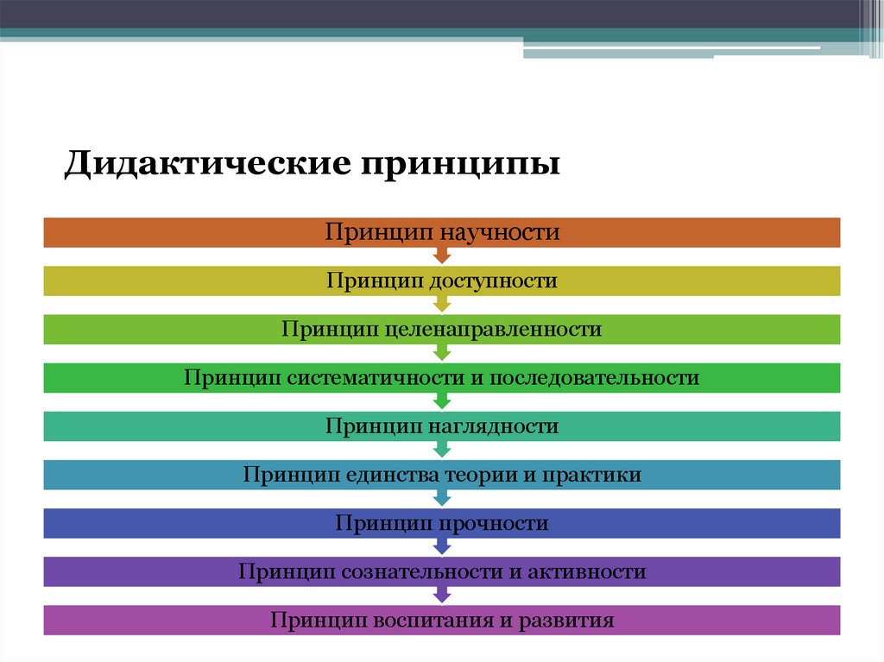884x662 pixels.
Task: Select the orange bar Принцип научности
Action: pos(173,233)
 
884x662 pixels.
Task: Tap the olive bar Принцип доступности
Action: pos(173,281)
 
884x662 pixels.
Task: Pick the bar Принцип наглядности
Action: pos(173,426)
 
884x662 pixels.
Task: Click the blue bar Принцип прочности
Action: pos(173,523)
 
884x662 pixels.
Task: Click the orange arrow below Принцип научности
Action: pos(442,255)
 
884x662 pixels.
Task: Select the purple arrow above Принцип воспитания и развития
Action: pos(442,595)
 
